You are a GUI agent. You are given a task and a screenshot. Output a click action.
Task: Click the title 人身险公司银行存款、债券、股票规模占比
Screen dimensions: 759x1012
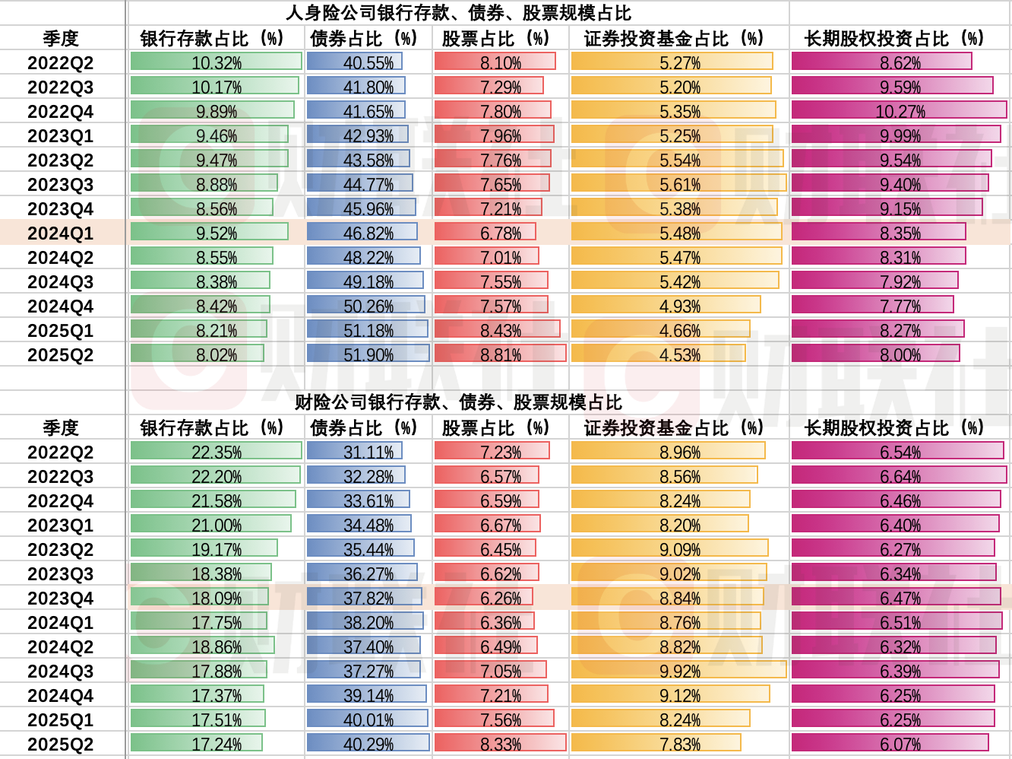tap(458, 13)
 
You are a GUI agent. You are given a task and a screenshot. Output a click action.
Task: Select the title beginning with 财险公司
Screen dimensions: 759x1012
tap(458, 402)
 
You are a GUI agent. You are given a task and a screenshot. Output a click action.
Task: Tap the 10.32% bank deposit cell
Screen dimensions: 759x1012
tap(217, 62)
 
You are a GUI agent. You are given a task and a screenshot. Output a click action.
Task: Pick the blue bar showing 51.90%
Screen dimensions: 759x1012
tap(368, 354)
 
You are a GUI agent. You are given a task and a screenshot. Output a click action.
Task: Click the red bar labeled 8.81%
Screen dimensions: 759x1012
tap(501, 354)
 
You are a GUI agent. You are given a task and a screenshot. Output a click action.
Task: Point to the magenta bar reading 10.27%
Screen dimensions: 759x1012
tap(900, 111)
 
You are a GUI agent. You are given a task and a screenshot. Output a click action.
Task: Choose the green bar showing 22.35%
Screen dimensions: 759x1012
tap(217, 452)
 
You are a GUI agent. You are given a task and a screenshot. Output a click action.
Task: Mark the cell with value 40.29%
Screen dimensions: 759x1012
tap(368, 744)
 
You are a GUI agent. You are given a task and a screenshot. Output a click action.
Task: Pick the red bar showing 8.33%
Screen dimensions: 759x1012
tap(501, 744)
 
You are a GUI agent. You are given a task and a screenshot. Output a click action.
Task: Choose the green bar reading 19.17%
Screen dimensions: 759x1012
tap(217, 549)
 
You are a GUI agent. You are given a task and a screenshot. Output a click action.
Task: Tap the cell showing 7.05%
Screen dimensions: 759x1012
tap(501, 671)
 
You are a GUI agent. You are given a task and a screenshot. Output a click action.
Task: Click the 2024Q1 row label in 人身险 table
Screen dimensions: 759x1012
tap(61, 233)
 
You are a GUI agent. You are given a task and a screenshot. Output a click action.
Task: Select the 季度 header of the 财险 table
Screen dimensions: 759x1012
tap(61, 427)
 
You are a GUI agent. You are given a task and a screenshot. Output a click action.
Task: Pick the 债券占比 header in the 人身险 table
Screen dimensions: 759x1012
tap(365, 38)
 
